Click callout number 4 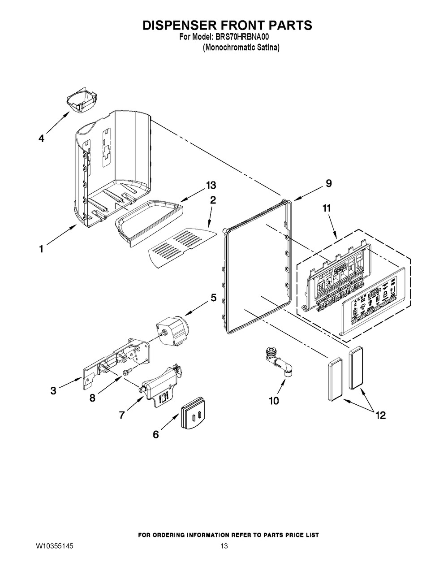[41, 139]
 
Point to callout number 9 [328, 183]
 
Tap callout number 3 [53, 391]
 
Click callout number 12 [380, 416]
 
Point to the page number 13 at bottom [224, 546]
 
